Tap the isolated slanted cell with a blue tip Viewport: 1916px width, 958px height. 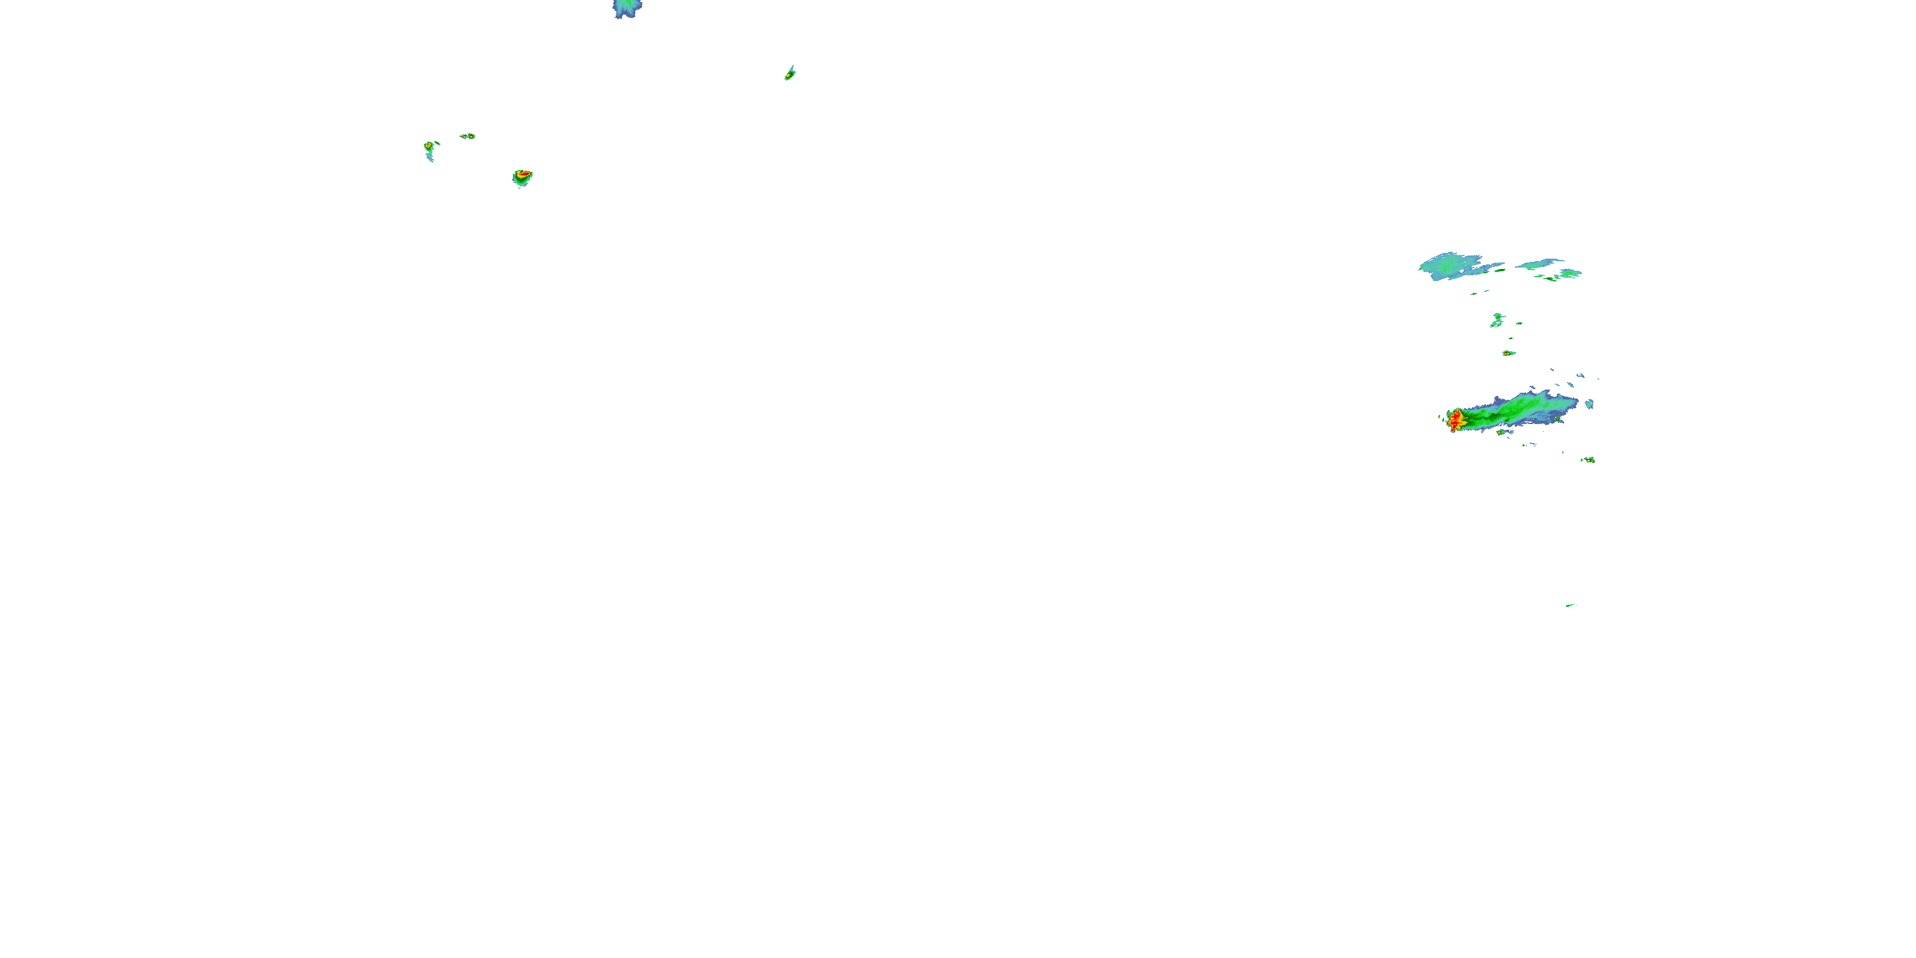(x=790, y=73)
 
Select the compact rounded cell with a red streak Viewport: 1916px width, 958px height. (x=523, y=177)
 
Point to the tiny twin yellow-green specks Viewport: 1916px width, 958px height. (x=467, y=136)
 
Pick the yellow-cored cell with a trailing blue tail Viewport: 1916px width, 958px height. (x=429, y=148)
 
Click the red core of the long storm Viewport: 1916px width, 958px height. (x=1456, y=420)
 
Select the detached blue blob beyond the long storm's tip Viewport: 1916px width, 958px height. (x=1590, y=404)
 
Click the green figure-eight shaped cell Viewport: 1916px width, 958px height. (x=1496, y=321)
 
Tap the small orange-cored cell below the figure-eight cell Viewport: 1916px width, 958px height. (x=1508, y=353)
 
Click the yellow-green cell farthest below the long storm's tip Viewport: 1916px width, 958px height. (x=1588, y=460)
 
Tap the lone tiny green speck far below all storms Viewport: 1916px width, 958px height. (x=1569, y=605)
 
